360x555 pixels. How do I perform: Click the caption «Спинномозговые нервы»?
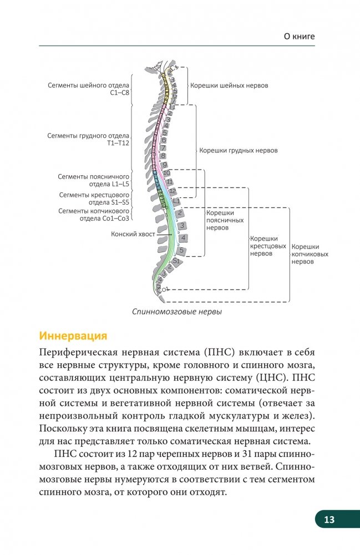pos(177,312)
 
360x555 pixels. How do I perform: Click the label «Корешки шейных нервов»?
pos(229,86)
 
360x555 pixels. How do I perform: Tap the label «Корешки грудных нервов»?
pos(239,150)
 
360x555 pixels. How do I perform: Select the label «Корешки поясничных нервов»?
pos(220,220)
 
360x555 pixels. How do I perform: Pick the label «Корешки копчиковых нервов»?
pos(310,254)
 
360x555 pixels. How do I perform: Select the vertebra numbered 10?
pos(168,174)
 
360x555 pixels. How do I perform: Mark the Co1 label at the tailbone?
pos(163,289)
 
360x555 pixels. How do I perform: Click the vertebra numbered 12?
pos(173,191)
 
